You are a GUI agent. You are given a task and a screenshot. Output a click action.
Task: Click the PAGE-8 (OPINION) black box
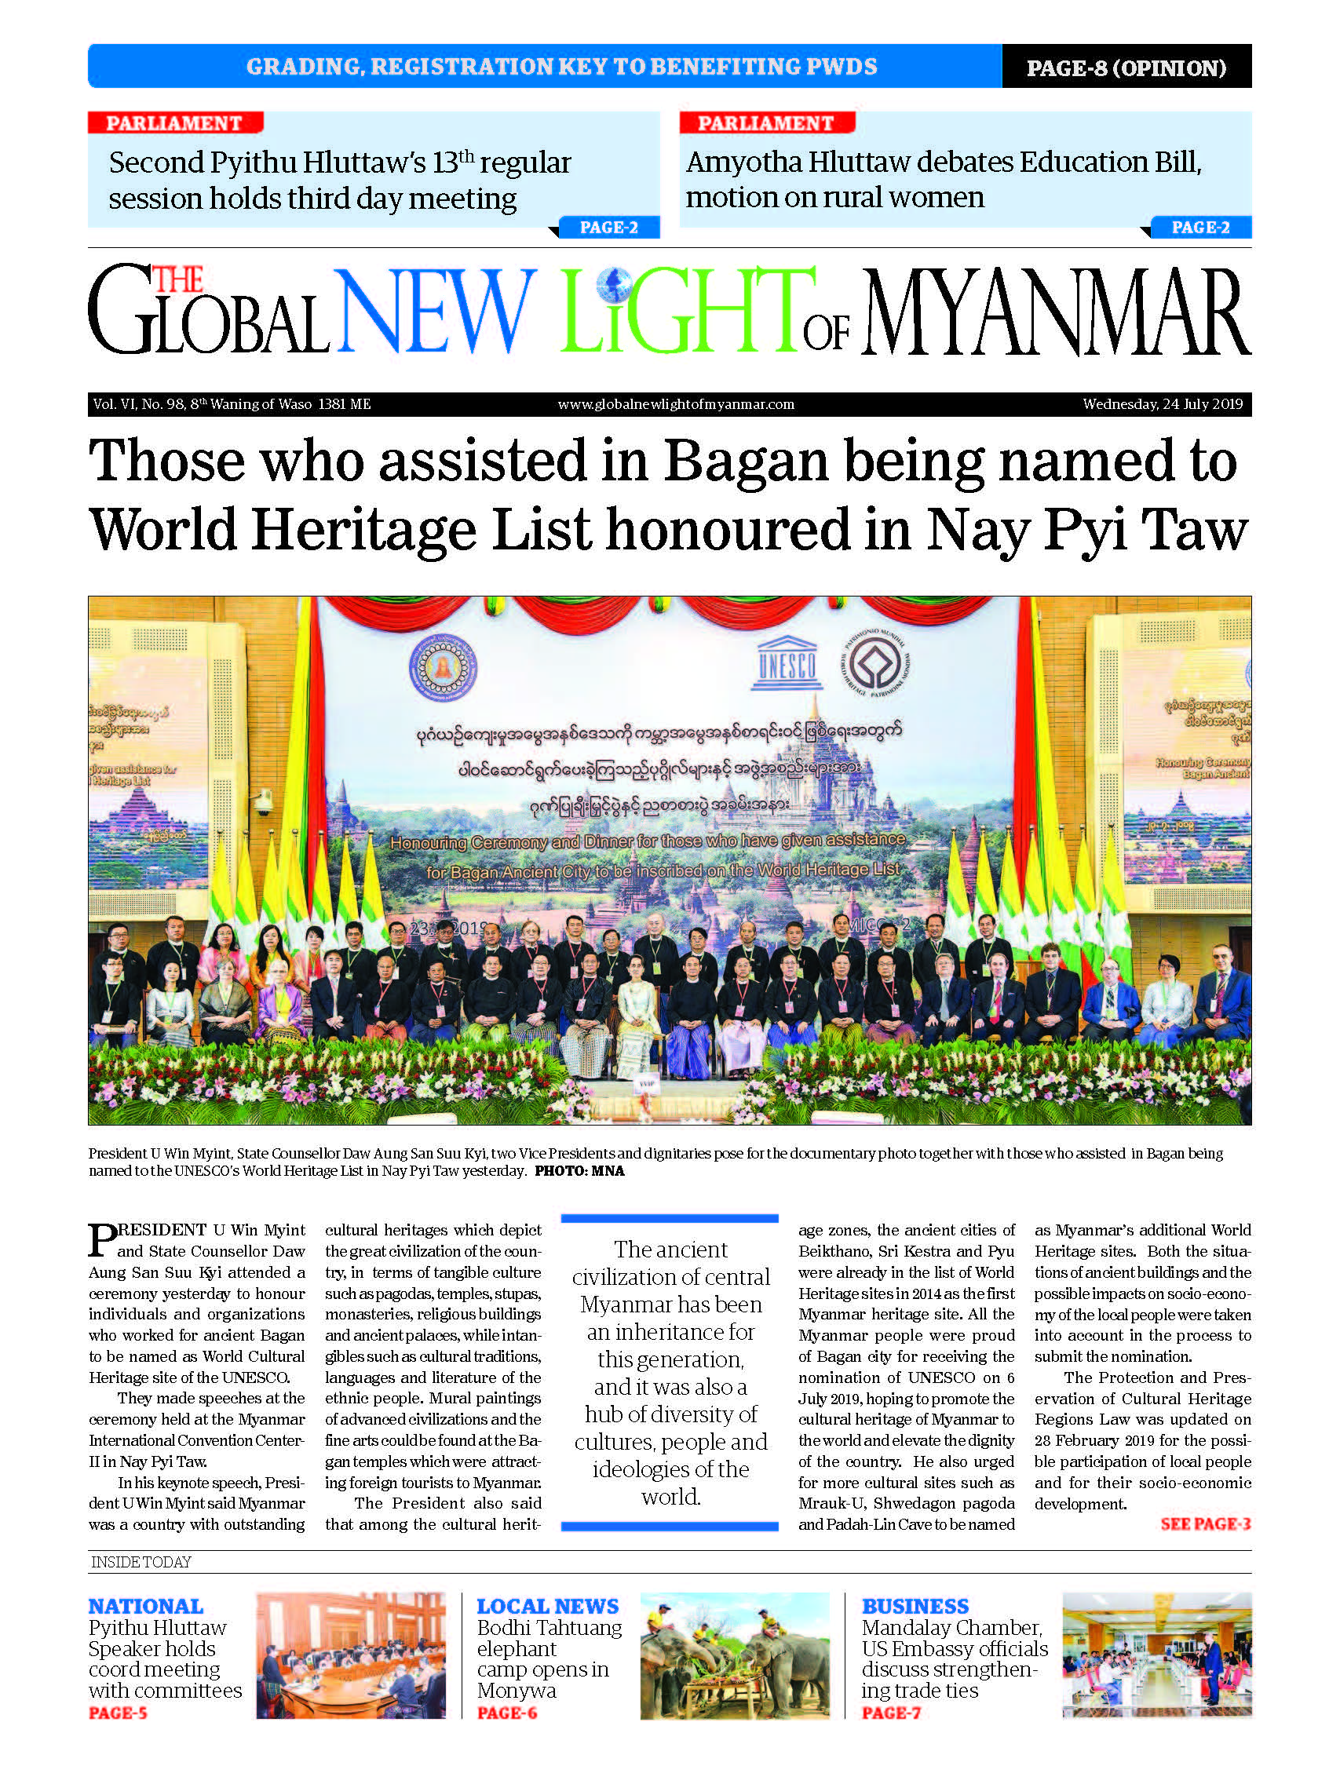[x=1126, y=67]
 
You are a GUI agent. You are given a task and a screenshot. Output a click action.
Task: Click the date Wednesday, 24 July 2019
[x=1162, y=404]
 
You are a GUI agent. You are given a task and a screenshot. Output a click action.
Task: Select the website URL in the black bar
[x=676, y=404]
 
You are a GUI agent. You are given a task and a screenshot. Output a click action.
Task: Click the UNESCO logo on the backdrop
[x=787, y=663]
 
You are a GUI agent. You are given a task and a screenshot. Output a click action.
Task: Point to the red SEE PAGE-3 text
[x=1204, y=1523]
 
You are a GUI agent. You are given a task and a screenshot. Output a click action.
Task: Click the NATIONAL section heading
[x=145, y=1606]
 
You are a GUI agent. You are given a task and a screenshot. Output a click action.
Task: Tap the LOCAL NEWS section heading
[x=547, y=1606]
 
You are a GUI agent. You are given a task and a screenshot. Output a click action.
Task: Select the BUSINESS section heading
[x=915, y=1606]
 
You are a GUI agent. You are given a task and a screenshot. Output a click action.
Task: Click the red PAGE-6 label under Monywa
[x=506, y=1713]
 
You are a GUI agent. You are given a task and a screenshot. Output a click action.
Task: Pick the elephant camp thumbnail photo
[x=735, y=1655]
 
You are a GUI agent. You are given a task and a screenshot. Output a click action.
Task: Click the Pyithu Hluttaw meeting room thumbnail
[x=351, y=1655]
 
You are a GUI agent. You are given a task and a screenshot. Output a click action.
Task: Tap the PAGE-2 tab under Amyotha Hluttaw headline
[x=1199, y=228]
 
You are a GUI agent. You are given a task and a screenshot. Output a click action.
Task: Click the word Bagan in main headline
[x=746, y=462]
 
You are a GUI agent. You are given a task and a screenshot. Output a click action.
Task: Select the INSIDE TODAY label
[x=141, y=1562]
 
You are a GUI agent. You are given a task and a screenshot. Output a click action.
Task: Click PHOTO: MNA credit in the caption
[x=579, y=1171]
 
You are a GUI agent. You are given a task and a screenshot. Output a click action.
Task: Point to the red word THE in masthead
[x=178, y=280]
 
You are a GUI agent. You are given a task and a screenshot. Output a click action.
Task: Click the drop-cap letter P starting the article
[x=102, y=1240]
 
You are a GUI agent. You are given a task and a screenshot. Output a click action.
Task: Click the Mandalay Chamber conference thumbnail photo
[x=1156, y=1655]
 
